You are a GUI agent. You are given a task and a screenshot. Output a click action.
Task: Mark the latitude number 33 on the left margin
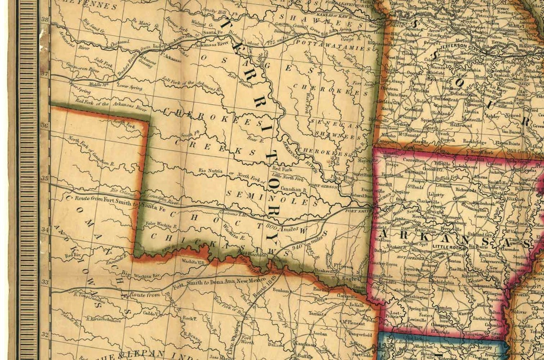45,282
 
